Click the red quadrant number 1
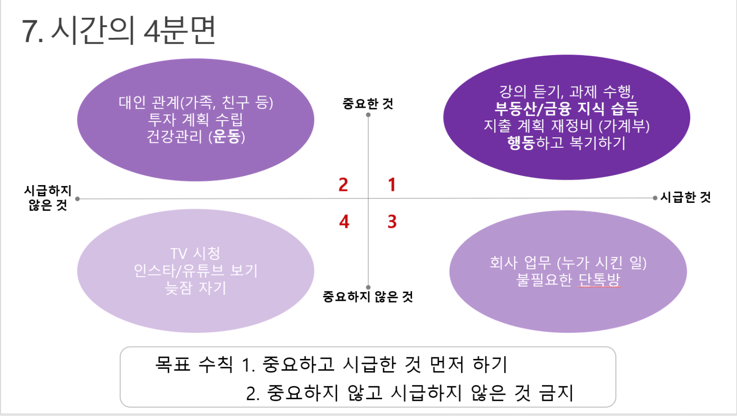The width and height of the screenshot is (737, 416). [x=391, y=185]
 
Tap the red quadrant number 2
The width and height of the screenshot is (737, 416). [x=343, y=185]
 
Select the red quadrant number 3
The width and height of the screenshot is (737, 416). [x=392, y=222]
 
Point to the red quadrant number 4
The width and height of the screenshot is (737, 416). [x=344, y=222]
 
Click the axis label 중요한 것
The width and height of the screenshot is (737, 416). [x=368, y=104]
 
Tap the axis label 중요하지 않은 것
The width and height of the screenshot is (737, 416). [x=367, y=297]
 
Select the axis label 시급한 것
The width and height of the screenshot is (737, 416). [x=686, y=197]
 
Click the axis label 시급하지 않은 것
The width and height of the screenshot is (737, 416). [x=48, y=198]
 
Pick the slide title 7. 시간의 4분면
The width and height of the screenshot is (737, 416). [x=119, y=31]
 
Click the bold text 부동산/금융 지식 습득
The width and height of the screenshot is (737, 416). [x=566, y=109]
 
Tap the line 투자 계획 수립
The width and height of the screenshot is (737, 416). [x=195, y=120]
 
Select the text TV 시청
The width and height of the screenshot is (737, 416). [x=195, y=254]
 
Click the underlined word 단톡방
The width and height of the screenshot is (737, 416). [x=599, y=280]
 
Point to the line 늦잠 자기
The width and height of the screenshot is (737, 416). [x=195, y=288]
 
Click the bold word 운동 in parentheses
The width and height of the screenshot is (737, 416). [x=226, y=136]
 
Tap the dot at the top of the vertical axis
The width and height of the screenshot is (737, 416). [x=368, y=115]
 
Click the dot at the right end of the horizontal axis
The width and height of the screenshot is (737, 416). [x=655, y=198]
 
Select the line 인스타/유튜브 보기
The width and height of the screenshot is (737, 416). [x=195, y=271]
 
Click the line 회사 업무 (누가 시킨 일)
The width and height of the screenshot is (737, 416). [x=568, y=263]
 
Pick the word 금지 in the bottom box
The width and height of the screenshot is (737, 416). [x=556, y=393]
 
